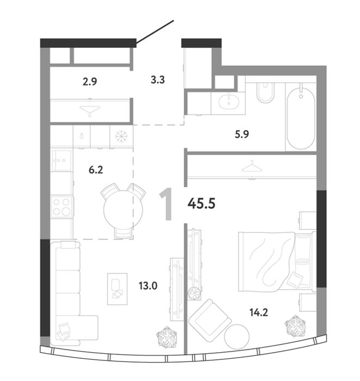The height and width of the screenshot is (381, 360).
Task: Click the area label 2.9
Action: tap(90, 82)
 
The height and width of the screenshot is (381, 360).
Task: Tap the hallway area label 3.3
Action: tap(158, 79)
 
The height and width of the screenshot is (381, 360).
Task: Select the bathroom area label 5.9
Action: tap(242, 134)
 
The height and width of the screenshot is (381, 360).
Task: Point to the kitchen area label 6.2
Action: tap(96, 170)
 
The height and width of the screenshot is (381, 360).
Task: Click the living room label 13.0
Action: tap(148, 286)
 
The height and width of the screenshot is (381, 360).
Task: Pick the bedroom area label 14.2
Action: tap(259, 312)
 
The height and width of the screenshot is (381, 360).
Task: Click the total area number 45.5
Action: tap(202, 203)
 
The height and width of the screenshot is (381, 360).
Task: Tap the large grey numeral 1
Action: tap(166, 204)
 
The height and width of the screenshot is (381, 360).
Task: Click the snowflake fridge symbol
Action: tap(121, 136)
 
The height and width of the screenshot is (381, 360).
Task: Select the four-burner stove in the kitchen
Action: tap(61, 207)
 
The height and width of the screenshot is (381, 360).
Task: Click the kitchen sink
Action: tap(61, 160)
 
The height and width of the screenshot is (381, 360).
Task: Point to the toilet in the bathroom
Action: tap(265, 93)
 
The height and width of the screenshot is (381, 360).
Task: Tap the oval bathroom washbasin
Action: tap(229, 102)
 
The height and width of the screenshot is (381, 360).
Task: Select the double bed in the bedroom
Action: tap(277, 262)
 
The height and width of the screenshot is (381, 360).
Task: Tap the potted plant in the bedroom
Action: tap(295, 326)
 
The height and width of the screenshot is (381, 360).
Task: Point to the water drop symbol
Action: tap(82, 136)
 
